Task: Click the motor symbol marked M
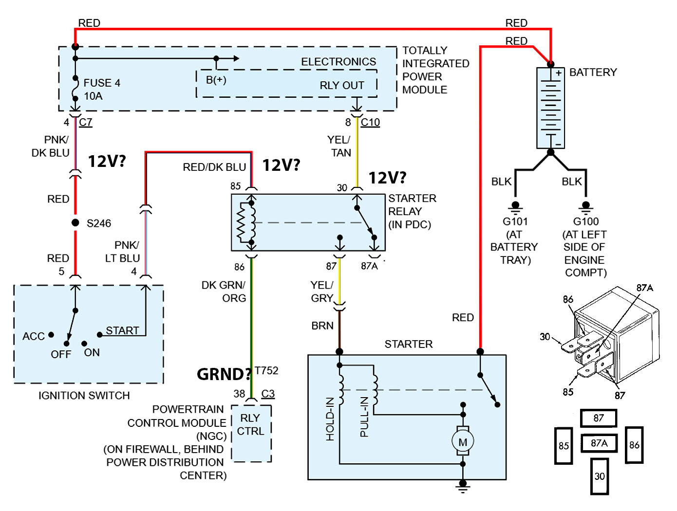point(462,442)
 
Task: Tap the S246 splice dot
point(75,223)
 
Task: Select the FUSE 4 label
point(102,83)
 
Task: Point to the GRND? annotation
point(224,374)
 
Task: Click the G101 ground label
point(515,221)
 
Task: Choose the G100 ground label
point(586,221)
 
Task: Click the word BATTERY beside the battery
point(593,73)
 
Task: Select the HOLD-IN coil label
point(330,419)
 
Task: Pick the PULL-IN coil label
point(364,417)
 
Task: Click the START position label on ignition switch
point(122,330)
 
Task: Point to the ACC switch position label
point(34,336)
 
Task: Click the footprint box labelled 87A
point(599,443)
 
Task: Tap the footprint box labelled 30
point(599,476)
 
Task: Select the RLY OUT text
point(342,86)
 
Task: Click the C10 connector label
point(370,123)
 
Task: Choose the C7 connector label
point(86,123)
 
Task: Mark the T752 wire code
point(266,371)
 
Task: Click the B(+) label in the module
point(216,80)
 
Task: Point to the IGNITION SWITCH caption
point(84,396)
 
